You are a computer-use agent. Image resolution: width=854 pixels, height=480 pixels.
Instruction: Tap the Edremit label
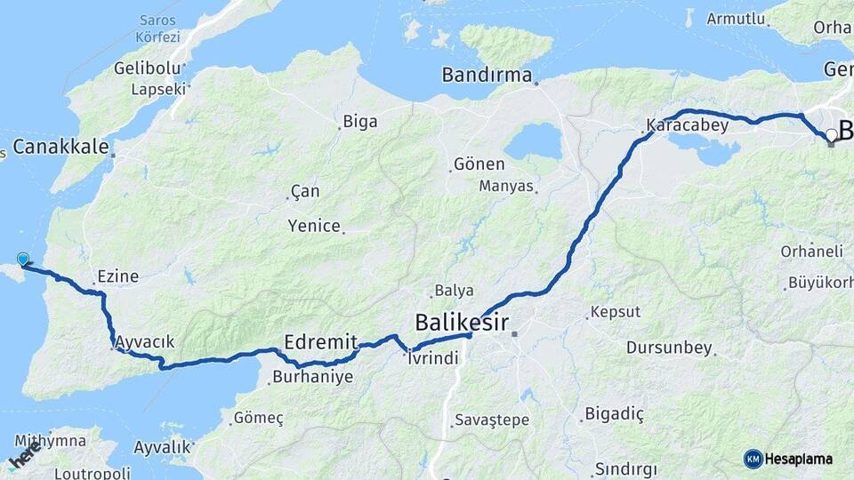coord(320,342)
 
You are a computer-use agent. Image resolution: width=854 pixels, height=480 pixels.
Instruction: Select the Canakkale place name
coord(60,147)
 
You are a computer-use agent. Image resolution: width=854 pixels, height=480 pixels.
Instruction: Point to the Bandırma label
coord(487,76)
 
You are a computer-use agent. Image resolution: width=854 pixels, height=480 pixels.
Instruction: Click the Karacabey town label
coord(688,125)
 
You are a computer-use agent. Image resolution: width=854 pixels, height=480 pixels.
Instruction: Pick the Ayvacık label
coord(145,341)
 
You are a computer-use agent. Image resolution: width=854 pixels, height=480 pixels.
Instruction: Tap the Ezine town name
coord(118,276)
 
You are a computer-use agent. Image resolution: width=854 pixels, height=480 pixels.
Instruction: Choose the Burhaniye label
coord(312,377)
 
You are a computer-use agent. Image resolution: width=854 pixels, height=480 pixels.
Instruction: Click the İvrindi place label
coord(432,358)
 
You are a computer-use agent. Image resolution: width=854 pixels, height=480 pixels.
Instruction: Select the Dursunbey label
coord(670,348)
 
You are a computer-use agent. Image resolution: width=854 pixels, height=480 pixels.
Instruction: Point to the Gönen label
coord(479,164)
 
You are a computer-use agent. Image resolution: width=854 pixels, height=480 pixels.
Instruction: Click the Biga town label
coord(360,122)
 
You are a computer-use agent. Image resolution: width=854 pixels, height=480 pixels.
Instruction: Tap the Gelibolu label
coord(148,68)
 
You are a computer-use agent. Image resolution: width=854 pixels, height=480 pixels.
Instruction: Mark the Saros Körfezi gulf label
coord(158,28)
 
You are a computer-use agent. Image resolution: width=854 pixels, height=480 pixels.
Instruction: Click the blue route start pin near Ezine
coord(23,259)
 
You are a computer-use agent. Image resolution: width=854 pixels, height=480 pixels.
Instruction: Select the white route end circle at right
coord(831,135)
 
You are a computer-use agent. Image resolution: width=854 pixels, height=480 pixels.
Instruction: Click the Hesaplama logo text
coord(799,460)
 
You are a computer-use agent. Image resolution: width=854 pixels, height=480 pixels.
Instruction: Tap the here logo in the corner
coord(24,456)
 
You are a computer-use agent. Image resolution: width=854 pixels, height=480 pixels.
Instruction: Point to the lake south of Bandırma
coord(533,141)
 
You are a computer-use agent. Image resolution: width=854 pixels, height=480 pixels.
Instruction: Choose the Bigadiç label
coord(615,413)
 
